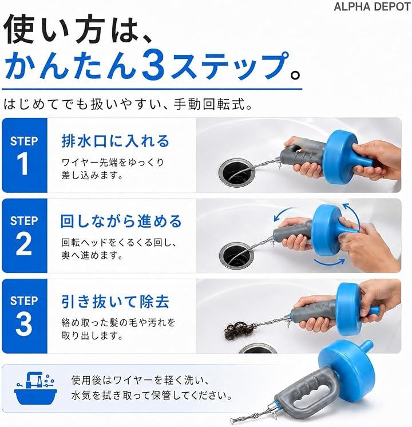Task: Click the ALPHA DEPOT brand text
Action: pyautogui.click(x=372, y=7)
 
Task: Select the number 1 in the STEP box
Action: pyautogui.click(x=23, y=163)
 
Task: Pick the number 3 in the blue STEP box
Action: pyautogui.click(x=23, y=323)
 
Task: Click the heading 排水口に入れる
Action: pyautogui.click(x=116, y=141)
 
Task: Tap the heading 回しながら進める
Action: pyautogui.click(x=121, y=221)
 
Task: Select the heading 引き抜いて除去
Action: pyautogui.click(x=116, y=302)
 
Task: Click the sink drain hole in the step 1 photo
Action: pyautogui.click(x=236, y=172)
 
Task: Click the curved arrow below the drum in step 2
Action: pyautogui.click(x=329, y=263)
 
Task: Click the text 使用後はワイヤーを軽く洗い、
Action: pyautogui.click(x=140, y=380)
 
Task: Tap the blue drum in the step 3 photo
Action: pyautogui.click(x=356, y=309)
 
